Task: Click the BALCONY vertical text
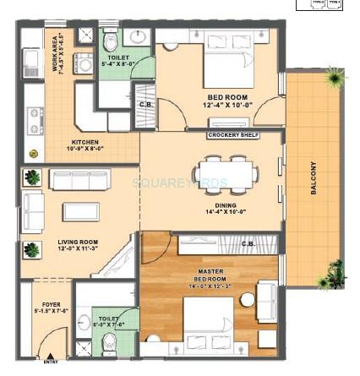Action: point(313,178)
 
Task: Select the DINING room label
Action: point(225,204)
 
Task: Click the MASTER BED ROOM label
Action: point(210,275)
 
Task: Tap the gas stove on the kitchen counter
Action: point(35,120)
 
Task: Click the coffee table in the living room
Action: point(80,210)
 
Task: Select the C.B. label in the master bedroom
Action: point(248,243)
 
